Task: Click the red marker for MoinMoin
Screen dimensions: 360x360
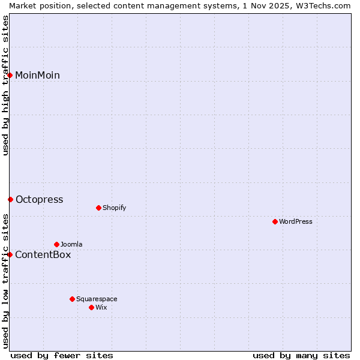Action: tap(10, 75)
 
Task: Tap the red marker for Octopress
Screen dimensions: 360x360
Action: tap(10, 199)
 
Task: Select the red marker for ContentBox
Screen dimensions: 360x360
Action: tap(10, 254)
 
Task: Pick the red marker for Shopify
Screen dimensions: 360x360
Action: tap(98, 208)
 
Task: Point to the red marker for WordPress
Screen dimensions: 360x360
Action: tap(275, 221)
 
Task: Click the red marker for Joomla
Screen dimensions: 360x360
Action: tap(56, 244)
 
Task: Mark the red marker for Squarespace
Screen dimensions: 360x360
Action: tap(72, 299)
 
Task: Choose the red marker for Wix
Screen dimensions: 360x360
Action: tap(91, 307)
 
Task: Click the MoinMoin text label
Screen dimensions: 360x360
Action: tap(37, 75)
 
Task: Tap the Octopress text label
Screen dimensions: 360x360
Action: tap(39, 199)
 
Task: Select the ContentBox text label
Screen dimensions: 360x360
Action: tap(43, 254)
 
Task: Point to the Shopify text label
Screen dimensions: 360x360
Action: tap(114, 208)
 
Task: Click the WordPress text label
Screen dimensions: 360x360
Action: tap(296, 221)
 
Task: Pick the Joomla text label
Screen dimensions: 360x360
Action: tap(71, 244)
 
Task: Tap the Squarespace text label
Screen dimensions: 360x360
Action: tap(97, 299)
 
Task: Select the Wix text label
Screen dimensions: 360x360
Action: tap(101, 307)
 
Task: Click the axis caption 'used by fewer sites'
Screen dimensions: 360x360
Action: tap(62, 355)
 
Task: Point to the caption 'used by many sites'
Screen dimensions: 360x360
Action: tap(301, 355)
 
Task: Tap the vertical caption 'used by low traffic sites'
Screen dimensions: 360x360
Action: tap(5, 280)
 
